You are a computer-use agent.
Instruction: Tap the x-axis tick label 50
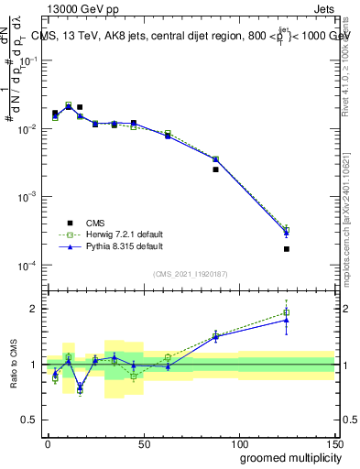click(143, 443)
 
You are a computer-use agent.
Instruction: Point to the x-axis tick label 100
click(238, 443)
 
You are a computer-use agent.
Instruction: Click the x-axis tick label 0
click(48, 443)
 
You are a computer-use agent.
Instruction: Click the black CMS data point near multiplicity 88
click(215, 169)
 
